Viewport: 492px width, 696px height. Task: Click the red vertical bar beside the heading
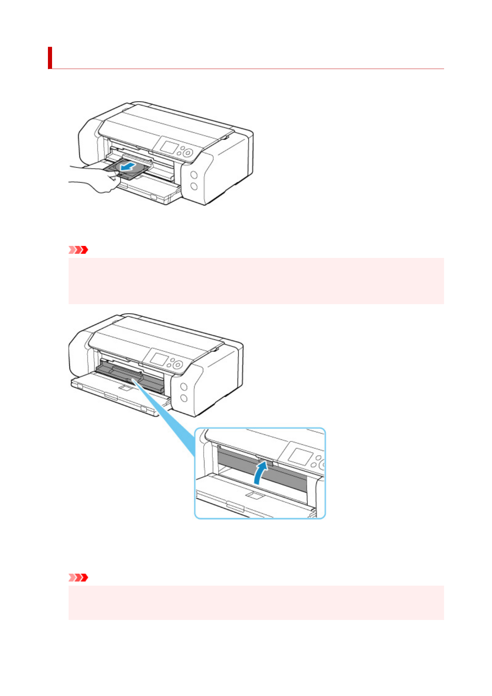pos(50,58)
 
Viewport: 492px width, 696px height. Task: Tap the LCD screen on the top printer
pos(168,147)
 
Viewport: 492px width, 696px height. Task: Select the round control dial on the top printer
pos(188,153)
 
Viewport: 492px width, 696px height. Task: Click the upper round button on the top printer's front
pos(193,175)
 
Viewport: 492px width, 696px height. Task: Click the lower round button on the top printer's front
pos(193,186)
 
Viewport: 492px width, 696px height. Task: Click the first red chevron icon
pos(78,250)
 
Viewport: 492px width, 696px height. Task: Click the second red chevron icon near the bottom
pos(78,577)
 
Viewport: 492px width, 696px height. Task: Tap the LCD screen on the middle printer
pos(158,358)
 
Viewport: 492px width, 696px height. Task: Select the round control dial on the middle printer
pos(178,365)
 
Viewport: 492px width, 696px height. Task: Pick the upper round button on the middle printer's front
pos(183,387)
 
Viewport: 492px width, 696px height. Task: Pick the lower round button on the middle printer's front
pos(183,398)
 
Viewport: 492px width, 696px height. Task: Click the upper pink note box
pos(256,281)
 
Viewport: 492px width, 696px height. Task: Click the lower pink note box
pos(256,602)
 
